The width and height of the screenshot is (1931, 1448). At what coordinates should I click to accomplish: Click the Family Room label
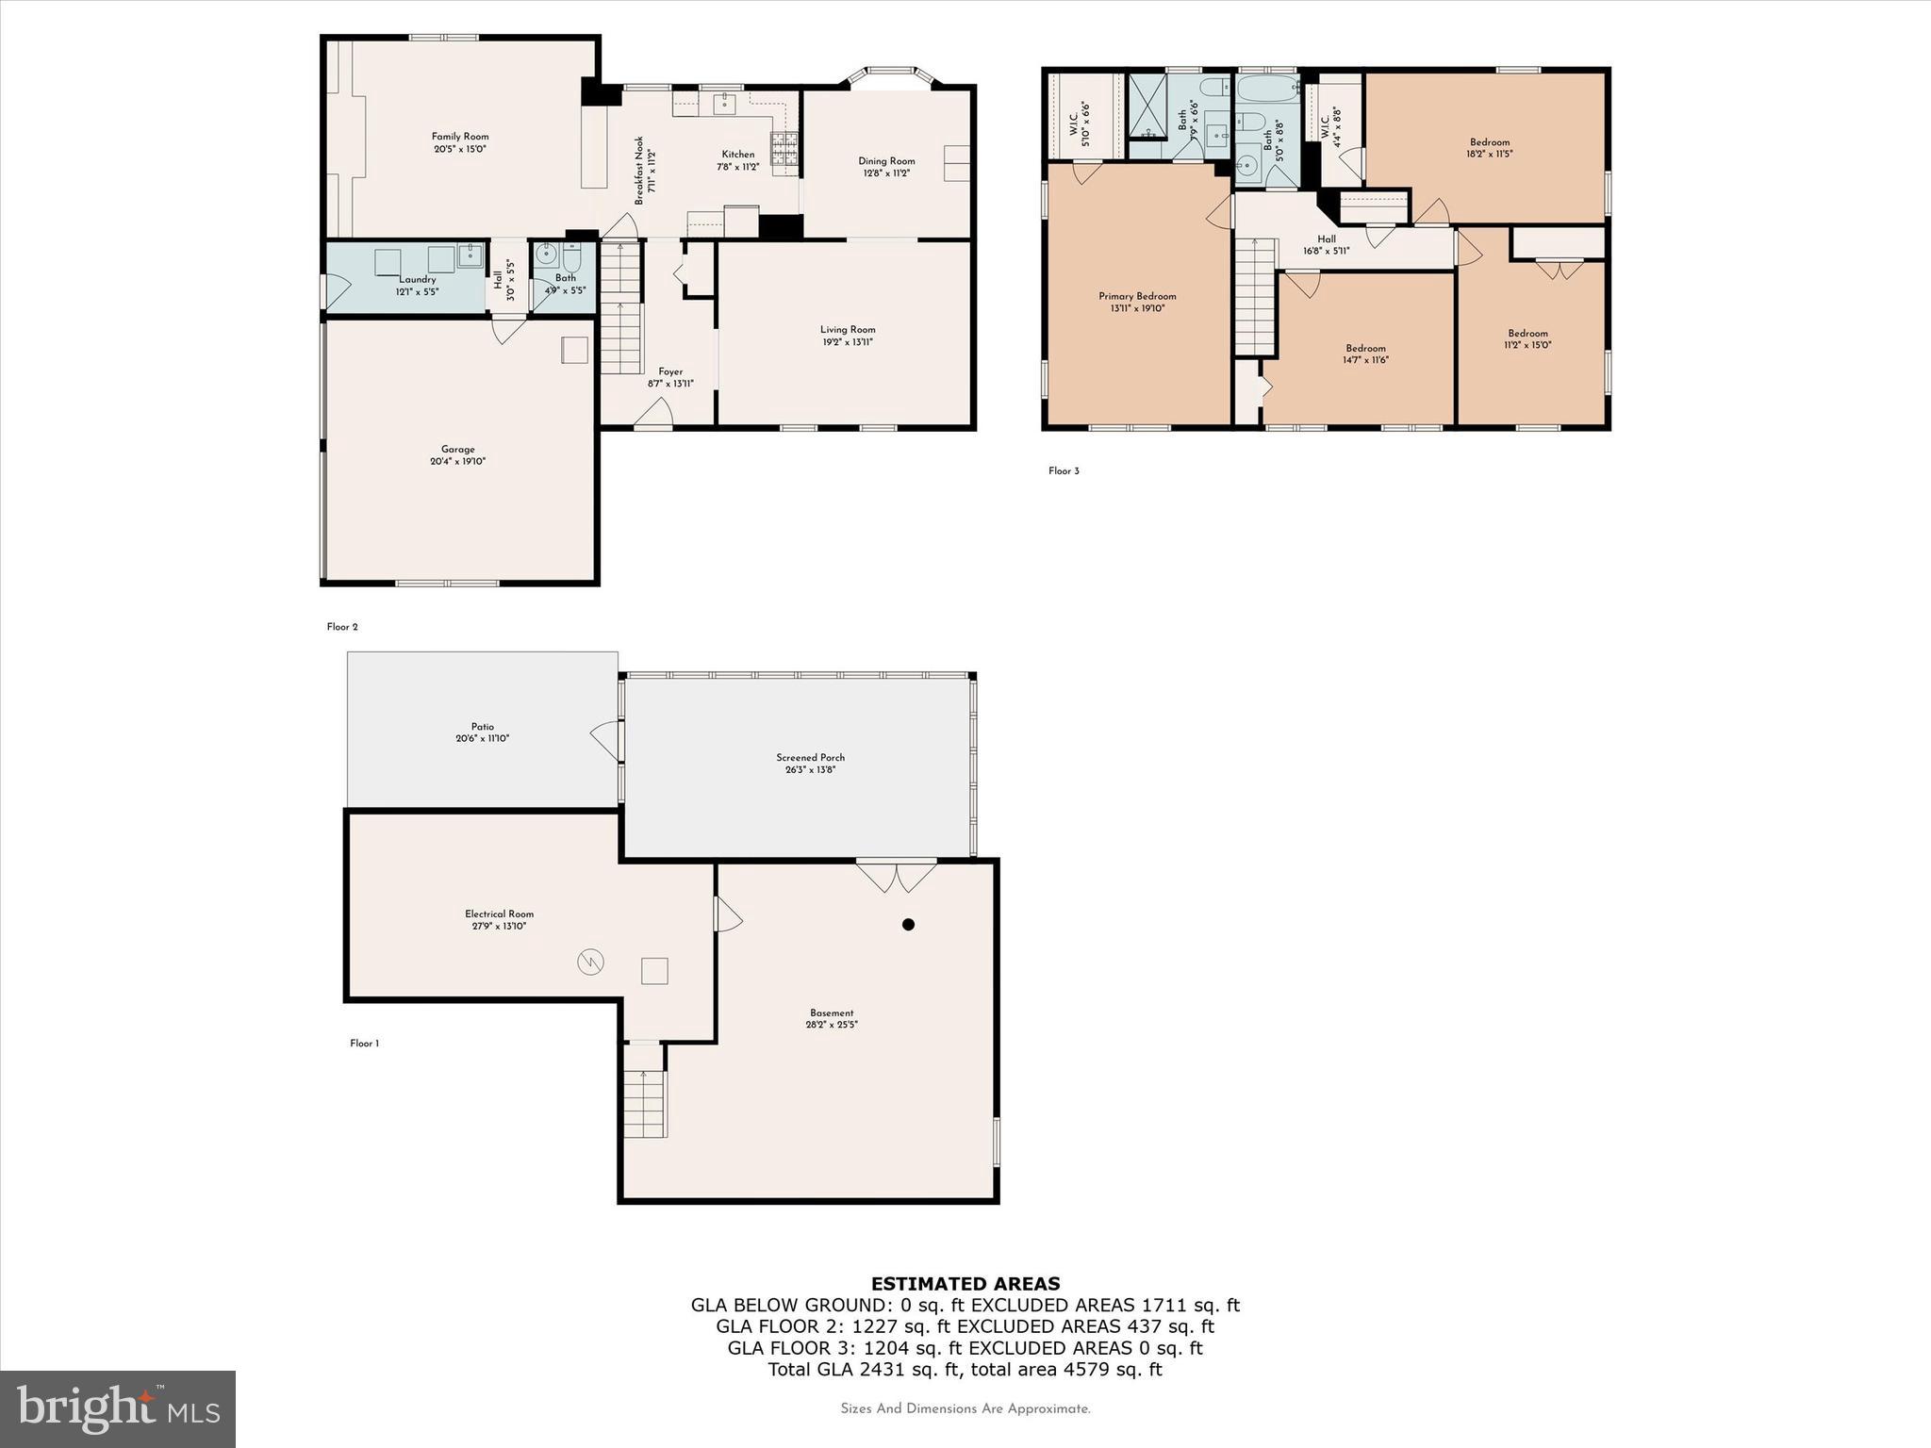[460, 137]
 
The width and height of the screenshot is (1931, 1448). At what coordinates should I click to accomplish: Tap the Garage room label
[458, 450]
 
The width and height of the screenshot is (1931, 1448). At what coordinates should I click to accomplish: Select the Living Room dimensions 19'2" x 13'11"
[848, 342]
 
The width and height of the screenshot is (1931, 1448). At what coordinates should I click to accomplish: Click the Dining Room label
[886, 161]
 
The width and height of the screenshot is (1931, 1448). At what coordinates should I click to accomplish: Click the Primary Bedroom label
[1137, 296]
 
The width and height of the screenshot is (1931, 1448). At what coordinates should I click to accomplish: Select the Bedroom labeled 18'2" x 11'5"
[1489, 142]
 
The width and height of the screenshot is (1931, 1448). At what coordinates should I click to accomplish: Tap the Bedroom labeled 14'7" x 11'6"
[1365, 348]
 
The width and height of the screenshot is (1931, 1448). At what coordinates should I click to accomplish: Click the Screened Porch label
[810, 757]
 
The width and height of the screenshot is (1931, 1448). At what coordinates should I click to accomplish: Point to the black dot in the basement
[908, 925]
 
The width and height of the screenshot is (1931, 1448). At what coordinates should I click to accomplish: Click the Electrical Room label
[499, 913]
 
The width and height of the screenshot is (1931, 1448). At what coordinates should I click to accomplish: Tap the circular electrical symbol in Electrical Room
[590, 963]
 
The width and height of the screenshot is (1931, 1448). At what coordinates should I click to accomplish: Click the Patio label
[483, 727]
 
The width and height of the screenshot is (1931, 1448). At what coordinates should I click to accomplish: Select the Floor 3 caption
[1064, 471]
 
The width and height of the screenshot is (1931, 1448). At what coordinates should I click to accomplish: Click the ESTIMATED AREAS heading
[965, 1283]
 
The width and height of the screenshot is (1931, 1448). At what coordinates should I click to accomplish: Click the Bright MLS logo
[118, 1408]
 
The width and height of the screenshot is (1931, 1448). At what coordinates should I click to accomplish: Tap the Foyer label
[670, 371]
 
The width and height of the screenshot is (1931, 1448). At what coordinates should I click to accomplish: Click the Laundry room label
[417, 280]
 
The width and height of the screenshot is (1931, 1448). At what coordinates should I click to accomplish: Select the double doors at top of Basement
[896, 876]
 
